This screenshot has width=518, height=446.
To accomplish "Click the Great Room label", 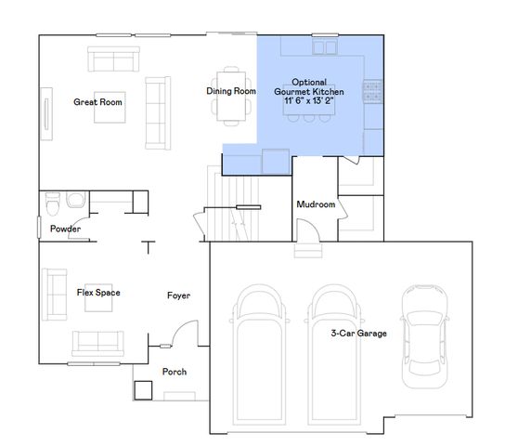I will click(x=98, y=102).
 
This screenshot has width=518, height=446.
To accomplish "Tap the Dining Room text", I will click(x=231, y=91).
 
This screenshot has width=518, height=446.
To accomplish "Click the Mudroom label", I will click(x=315, y=204).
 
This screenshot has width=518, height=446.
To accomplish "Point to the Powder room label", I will click(x=65, y=229).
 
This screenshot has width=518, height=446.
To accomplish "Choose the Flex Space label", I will click(x=97, y=293).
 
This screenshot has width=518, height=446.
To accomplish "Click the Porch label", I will click(x=175, y=372).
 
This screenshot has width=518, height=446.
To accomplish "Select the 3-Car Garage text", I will click(x=358, y=332).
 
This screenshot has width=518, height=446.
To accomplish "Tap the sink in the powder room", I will click(x=76, y=199).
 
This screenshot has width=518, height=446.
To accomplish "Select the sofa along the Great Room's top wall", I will click(x=112, y=61).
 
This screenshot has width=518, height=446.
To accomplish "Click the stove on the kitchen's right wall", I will click(x=373, y=91).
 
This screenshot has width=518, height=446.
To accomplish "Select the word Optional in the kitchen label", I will click(x=308, y=81).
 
